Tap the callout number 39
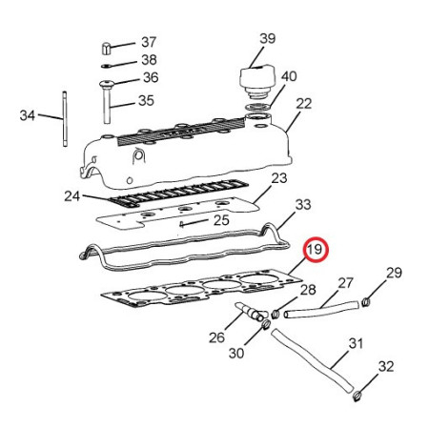[268, 38]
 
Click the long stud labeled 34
[65, 119]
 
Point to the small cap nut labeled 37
[106, 49]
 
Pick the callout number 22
[303, 104]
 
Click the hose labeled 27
[321, 309]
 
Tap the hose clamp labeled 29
[366, 301]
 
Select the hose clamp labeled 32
[357, 396]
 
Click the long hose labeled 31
[312, 360]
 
